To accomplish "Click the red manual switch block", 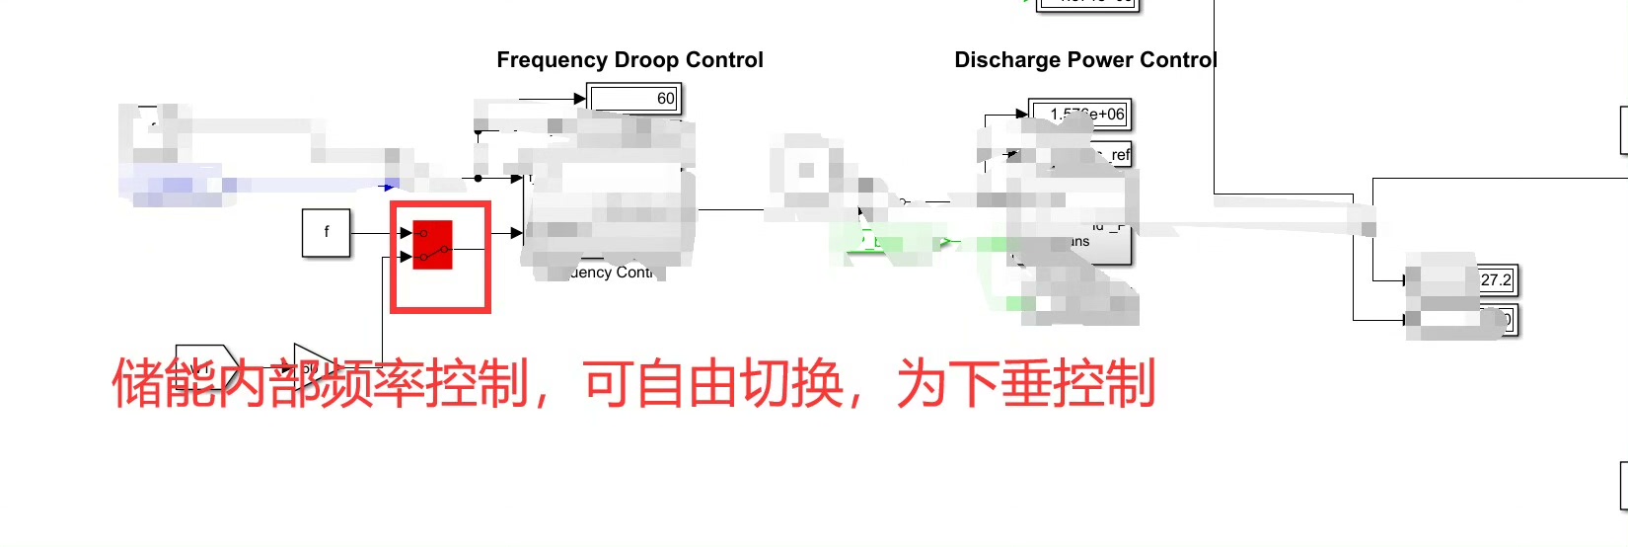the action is [432, 245].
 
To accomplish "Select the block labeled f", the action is [326, 233].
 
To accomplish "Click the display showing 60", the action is [634, 98].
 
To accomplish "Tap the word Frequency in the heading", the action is [552, 60].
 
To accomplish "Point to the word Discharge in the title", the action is [1000, 60].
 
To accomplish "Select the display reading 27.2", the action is [1496, 280].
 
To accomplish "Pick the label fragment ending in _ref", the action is [1119, 155].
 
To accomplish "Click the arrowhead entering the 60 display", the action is [580, 98].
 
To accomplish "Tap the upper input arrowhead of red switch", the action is [407, 233].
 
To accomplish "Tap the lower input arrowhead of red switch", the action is [407, 257].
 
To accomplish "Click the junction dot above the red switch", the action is [479, 179].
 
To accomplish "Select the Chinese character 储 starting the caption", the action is [137, 383].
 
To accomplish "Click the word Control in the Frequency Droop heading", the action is [724, 60].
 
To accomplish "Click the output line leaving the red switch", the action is [469, 250].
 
